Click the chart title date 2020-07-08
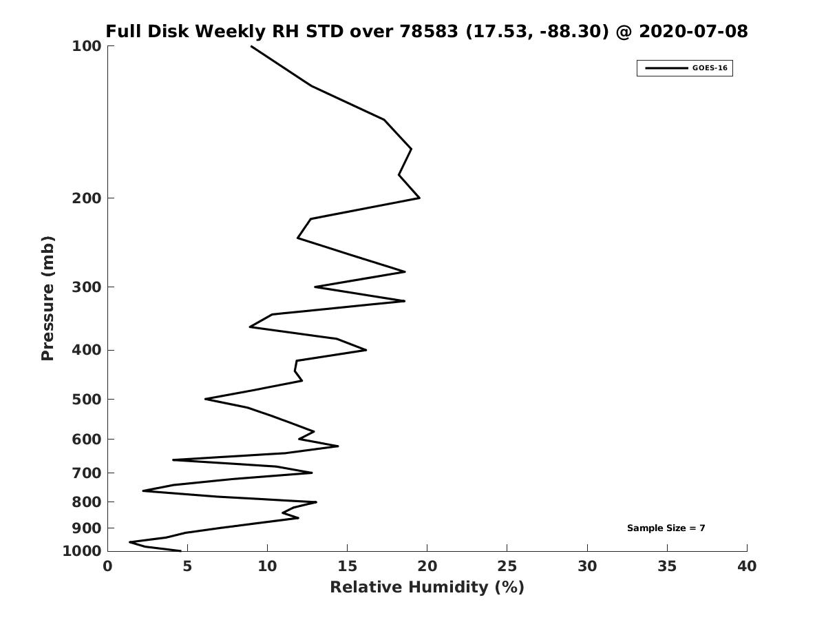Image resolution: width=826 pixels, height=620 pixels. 693,31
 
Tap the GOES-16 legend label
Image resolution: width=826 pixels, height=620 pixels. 710,68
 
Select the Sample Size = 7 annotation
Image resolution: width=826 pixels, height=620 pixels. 666,528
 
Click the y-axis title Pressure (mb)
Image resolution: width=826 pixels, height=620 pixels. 47,298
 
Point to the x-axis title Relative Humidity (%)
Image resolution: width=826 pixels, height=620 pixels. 427,587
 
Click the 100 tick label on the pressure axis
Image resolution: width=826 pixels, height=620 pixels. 87,46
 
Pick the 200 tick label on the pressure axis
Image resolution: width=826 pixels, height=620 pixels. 87,198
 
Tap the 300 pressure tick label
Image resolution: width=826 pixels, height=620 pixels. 87,287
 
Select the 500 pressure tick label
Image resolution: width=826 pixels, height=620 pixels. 87,400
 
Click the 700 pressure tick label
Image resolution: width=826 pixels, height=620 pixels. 87,473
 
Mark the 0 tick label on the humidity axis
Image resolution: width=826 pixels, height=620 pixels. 107,566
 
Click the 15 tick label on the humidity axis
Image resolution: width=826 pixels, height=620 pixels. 347,566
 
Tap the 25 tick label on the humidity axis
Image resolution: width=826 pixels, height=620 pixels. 507,566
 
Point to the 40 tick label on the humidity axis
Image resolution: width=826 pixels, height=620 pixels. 747,566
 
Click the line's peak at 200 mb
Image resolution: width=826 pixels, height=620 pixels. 419,198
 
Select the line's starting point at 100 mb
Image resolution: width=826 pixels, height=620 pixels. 251,46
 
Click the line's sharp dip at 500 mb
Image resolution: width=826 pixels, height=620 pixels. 205,399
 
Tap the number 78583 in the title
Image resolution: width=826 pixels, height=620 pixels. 429,31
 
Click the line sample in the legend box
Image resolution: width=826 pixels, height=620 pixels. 666,68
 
